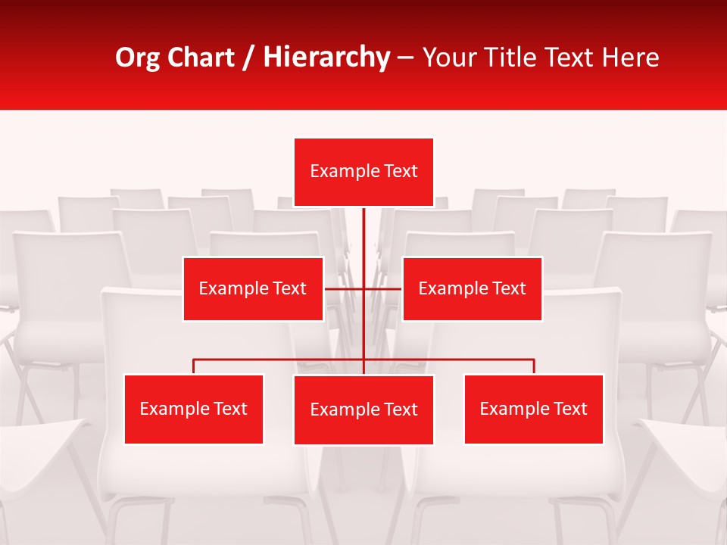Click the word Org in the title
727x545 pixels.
point(138,58)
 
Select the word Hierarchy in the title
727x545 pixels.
point(326,58)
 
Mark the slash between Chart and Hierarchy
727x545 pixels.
point(248,58)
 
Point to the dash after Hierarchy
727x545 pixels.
point(405,58)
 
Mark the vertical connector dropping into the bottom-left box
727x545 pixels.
point(194,366)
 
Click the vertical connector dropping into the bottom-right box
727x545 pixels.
point(534,366)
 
